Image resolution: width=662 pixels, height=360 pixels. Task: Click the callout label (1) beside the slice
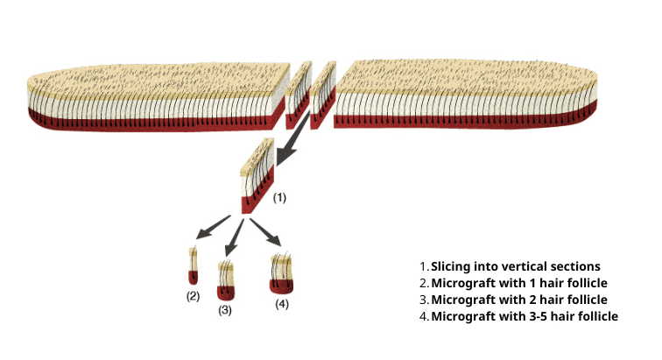pyautogui.click(x=279, y=198)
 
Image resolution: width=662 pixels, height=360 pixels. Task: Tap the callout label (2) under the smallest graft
pyautogui.click(x=193, y=295)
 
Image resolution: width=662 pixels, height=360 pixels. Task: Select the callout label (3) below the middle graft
pyautogui.click(x=225, y=310)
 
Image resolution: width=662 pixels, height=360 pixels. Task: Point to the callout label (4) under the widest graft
pyautogui.click(x=281, y=304)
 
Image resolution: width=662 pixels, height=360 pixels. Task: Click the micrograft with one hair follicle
pyautogui.click(x=193, y=267)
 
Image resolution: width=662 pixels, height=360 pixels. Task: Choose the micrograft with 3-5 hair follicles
pyautogui.click(x=282, y=273)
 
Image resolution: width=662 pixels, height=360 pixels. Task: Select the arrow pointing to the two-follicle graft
pyautogui.click(x=236, y=235)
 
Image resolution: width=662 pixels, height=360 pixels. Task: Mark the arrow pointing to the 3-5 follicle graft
pyautogui.click(x=266, y=232)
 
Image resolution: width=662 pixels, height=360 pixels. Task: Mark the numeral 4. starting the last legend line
pyautogui.click(x=424, y=316)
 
